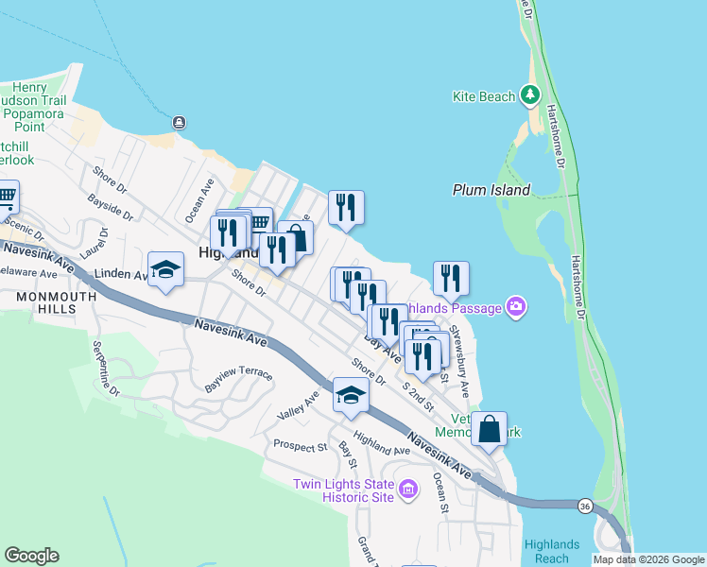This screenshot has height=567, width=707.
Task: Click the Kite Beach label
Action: click(x=484, y=96)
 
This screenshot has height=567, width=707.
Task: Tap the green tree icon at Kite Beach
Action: click(x=530, y=94)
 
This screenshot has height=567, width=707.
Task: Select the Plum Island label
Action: click(x=491, y=189)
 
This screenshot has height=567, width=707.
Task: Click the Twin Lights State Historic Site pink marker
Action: click(x=408, y=489)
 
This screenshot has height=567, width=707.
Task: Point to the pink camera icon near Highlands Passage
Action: click(x=516, y=306)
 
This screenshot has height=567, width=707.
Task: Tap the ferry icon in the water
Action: click(x=179, y=122)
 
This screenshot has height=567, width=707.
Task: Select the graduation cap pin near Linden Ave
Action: click(x=165, y=268)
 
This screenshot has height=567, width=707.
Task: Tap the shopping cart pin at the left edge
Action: click(x=6, y=198)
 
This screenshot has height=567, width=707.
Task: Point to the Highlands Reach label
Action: click(x=552, y=551)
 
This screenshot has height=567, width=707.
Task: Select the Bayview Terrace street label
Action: click(x=239, y=381)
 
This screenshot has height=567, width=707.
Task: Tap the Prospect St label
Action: click(x=300, y=445)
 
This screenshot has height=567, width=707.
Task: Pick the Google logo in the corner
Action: click(x=31, y=556)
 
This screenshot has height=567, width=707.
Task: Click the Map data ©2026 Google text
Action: click(x=648, y=559)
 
